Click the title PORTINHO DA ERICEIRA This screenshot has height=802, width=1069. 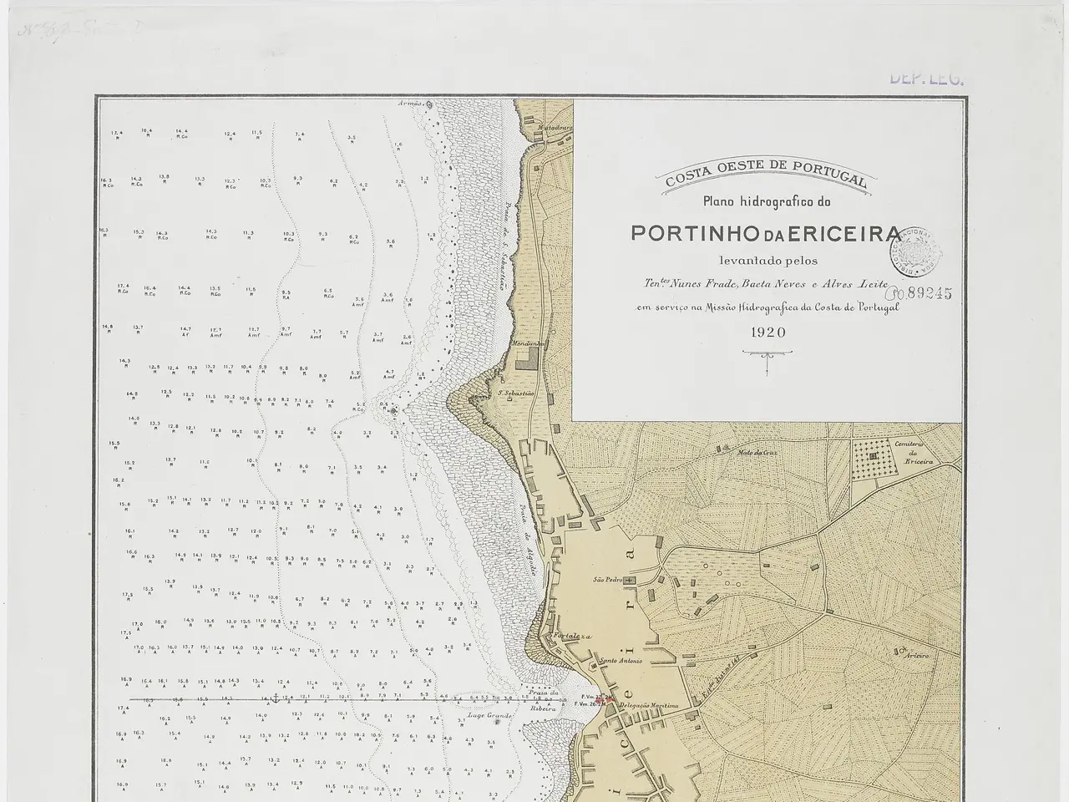[765, 233]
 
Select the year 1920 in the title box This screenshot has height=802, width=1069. [768, 332]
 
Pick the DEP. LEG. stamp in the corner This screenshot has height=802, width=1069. [926, 79]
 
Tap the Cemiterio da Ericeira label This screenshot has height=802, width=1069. [919, 455]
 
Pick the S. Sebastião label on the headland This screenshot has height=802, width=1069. [517, 392]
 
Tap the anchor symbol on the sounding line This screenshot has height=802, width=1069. [275, 697]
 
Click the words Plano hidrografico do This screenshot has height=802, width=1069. [764, 202]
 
